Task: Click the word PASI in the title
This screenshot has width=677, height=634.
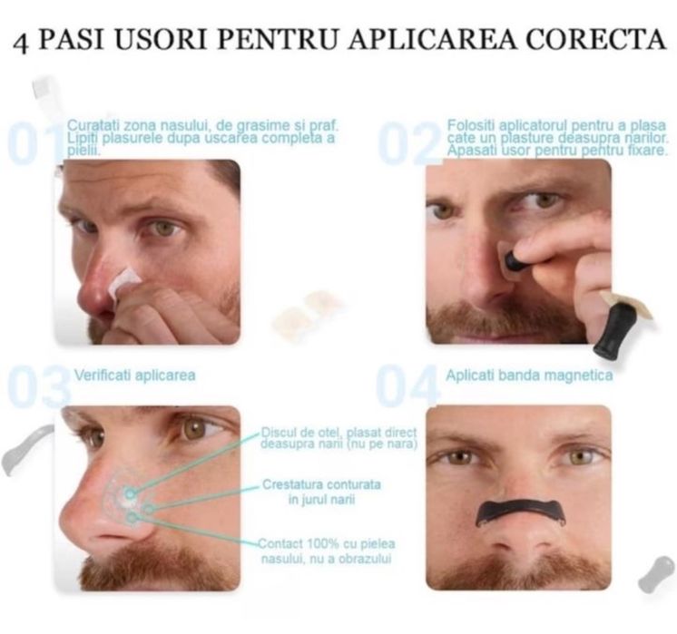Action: coord(74,42)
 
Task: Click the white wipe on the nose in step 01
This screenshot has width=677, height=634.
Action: coord(123,281)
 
